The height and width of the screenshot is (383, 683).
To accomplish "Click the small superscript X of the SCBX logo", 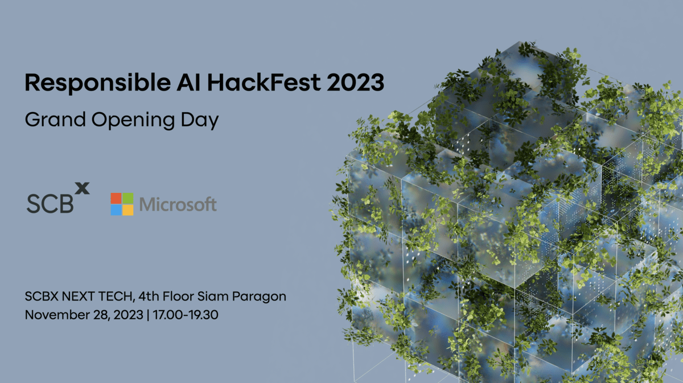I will (83, 188).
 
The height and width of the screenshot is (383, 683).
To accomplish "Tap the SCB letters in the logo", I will (50, 203).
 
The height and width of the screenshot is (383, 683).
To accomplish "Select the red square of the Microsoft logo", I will (116, 198).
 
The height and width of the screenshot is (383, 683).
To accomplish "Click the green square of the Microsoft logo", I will (128, 198).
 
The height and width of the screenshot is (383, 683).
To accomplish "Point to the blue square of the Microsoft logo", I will (116, 210).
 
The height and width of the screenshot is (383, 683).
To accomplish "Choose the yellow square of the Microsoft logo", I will (128, 210).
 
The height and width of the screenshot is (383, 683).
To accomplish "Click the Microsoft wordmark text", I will (178, 204).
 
